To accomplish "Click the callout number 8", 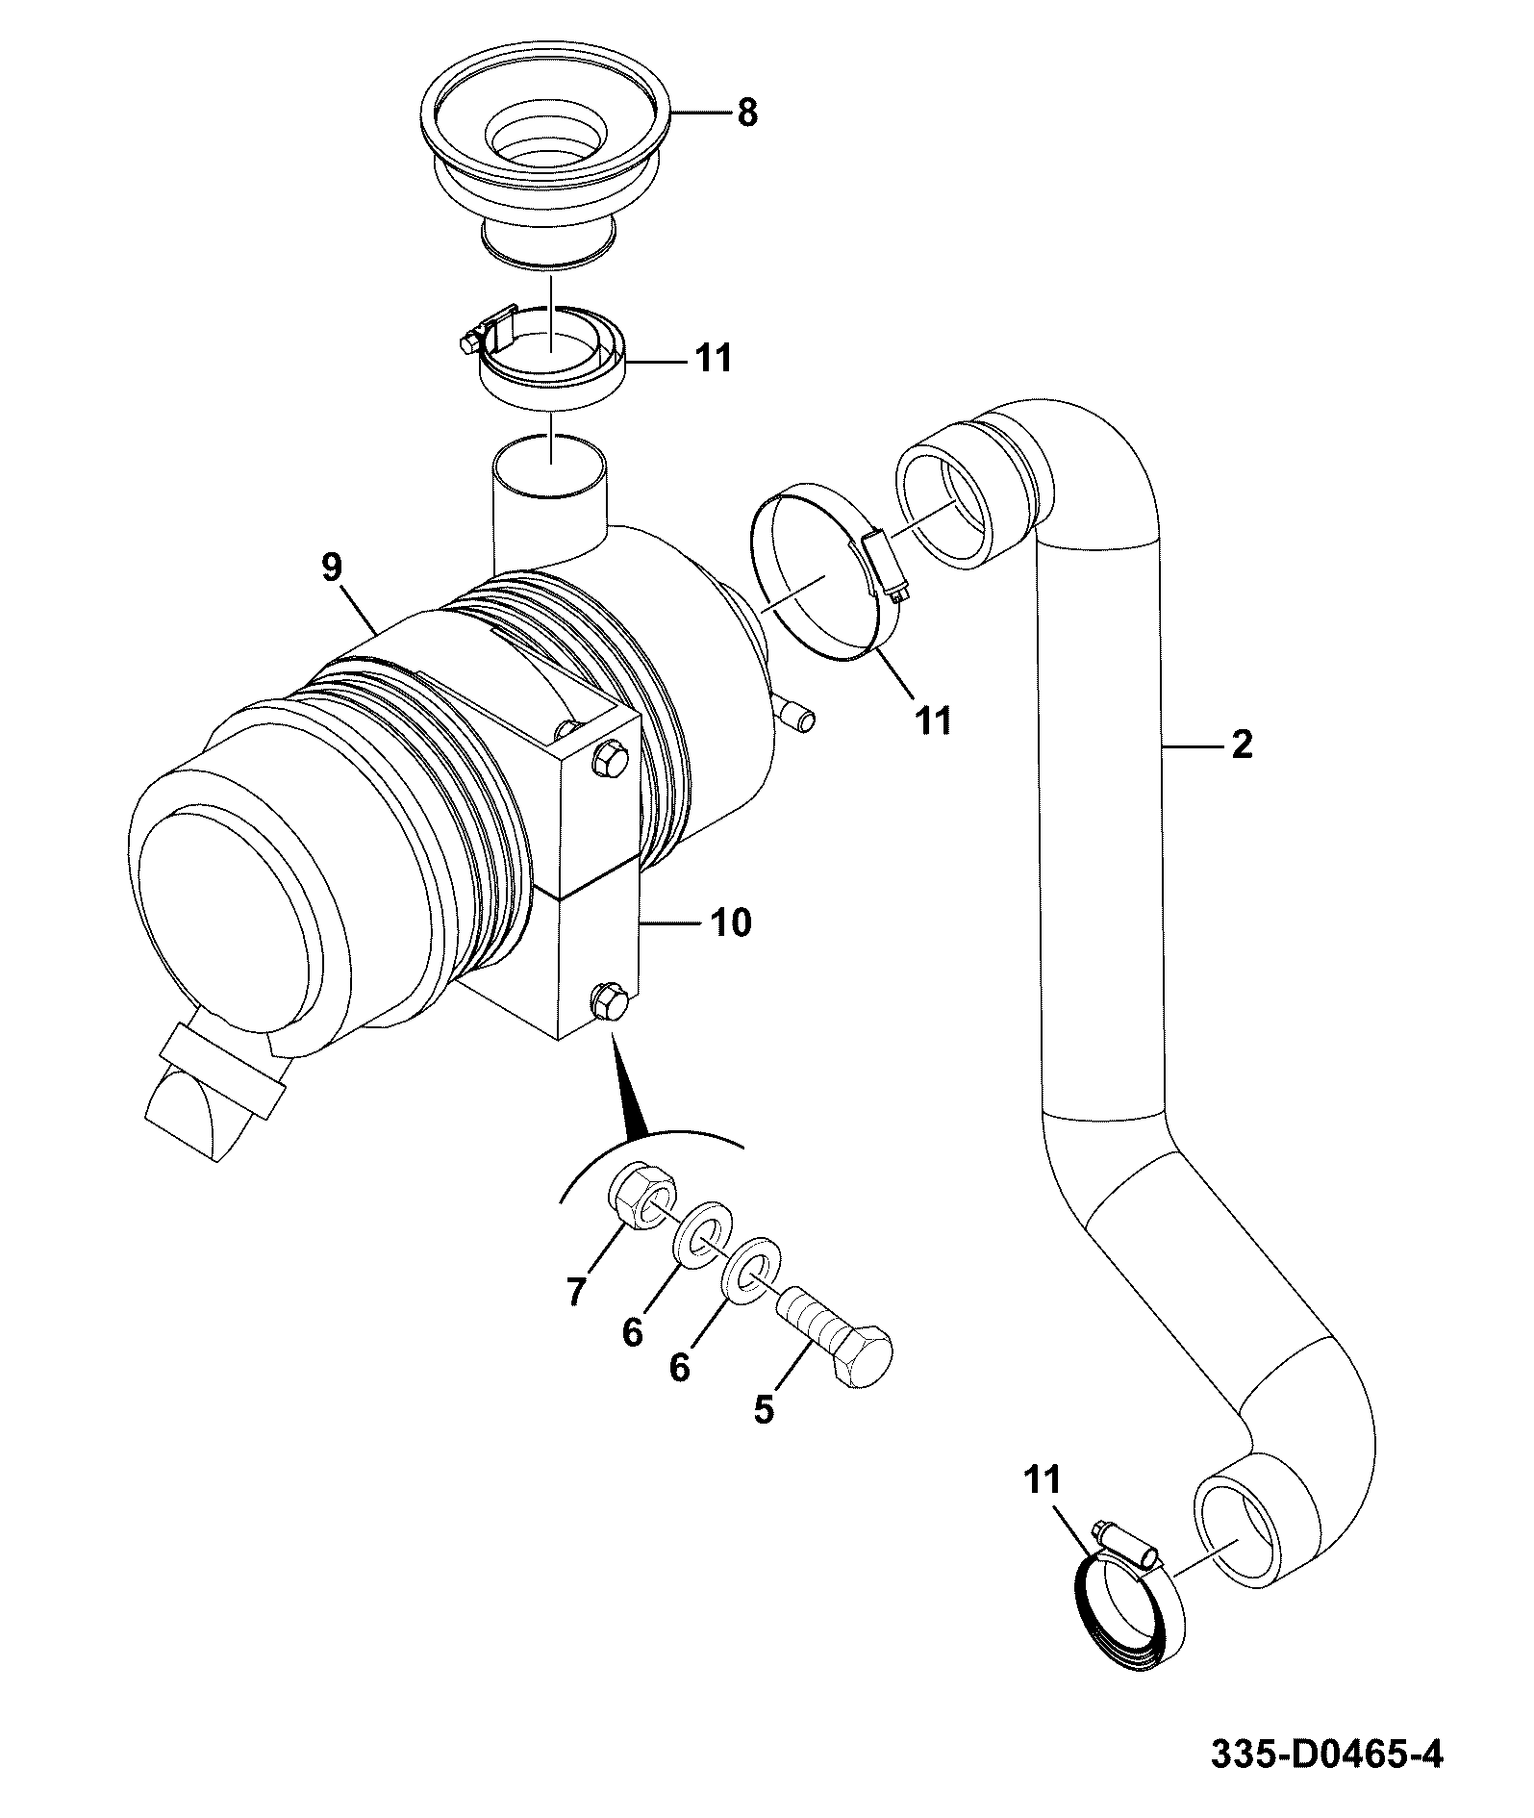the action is pyautogui.click(x=747, y=114).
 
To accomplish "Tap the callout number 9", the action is pyautogui.click(x=331, y=568).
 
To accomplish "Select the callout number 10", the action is pyautogui.click(x=731, y=922).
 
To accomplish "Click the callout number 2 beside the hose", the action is pyautogui.click(x=1242, y=744).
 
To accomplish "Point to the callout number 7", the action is pyautogui.click(x=576, y=1292).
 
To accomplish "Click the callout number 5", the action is pyautogui.click(x=764, y=1409).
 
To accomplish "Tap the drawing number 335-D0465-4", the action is pyautogui.click(x=1327, y=1755).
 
